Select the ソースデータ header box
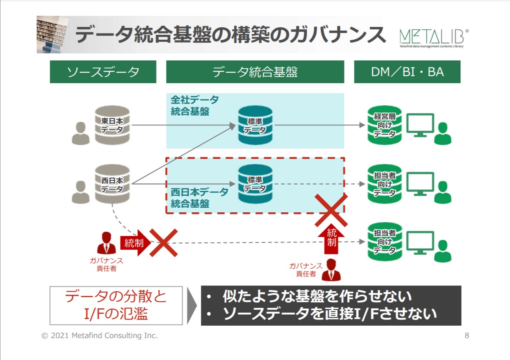pos(103,72)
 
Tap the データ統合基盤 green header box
pos(255,72)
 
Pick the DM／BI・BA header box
pos(407,72)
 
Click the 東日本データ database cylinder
pos(112,125)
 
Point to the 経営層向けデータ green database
pos(385,125)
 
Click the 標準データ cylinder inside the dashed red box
pos(255,184)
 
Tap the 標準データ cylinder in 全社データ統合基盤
pos(255,125)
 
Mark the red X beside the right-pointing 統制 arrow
pos(163,243)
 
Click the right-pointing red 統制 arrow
pos(133,243)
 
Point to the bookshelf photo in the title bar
pos(52,35)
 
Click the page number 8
pos(467,336)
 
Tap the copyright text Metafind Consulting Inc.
pos(100,336)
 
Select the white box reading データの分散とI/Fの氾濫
pos(116,305)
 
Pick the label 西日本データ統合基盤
pos(200,198)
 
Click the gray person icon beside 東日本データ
pos(80,133)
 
